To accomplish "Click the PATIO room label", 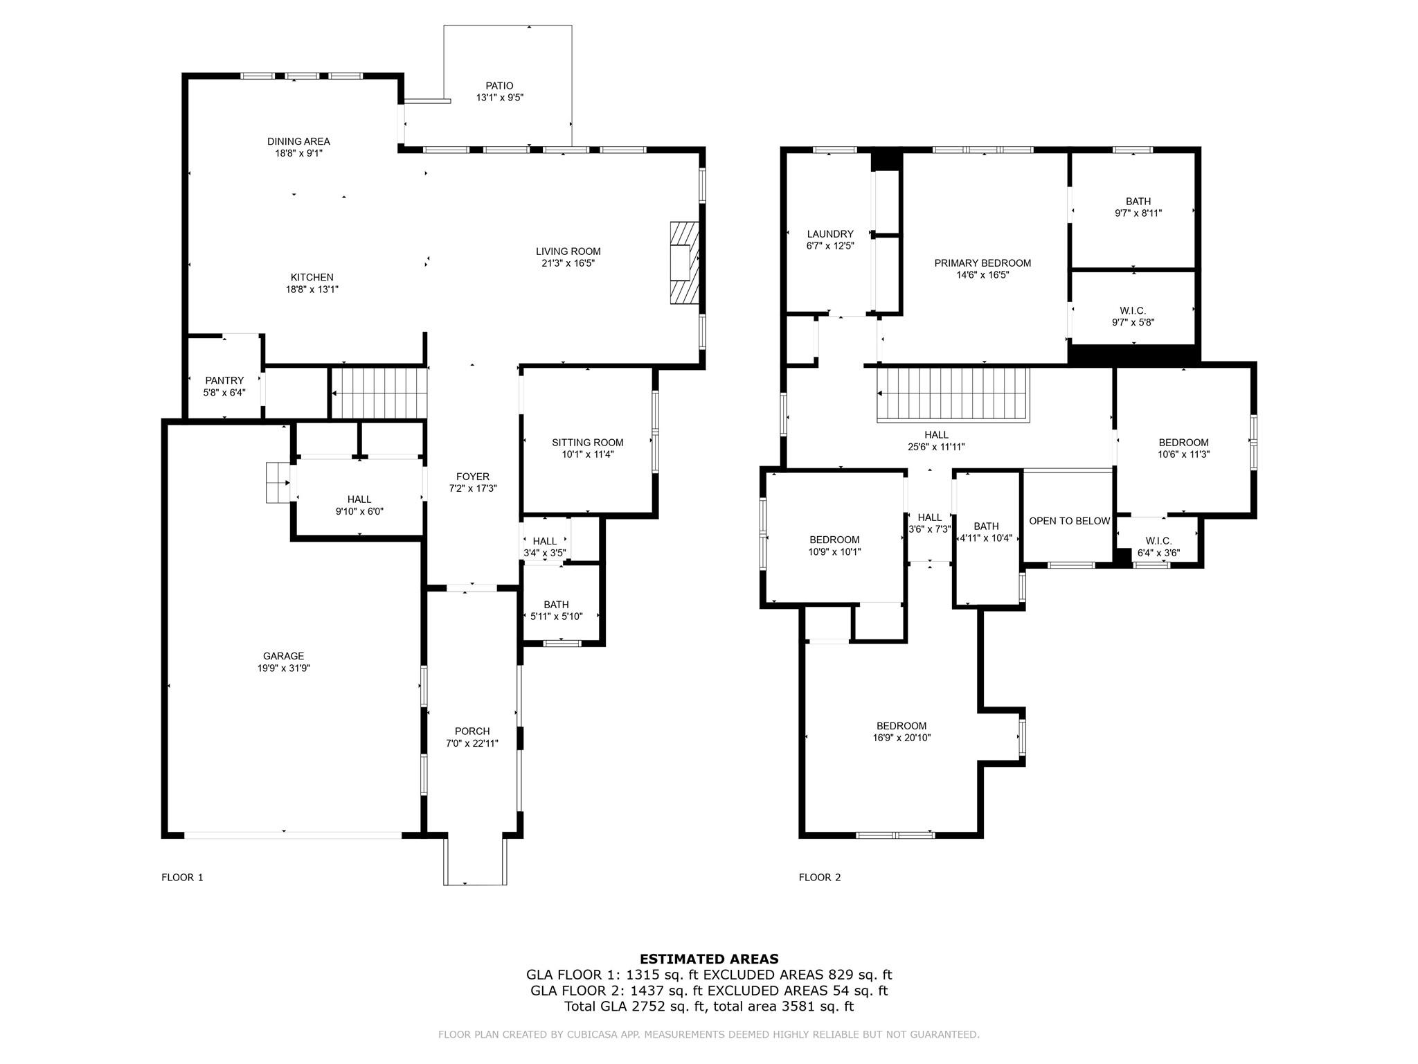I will click(499, 86).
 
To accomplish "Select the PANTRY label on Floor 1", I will click(224, 380).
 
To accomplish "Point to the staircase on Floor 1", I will click(378, 393).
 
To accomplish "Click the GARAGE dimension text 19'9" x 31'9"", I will click(283, 668).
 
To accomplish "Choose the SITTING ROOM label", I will click(587, 443).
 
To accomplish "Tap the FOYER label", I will click(473, 477).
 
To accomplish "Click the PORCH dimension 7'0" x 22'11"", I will click(472, 743).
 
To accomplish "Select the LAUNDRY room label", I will click(830, 234).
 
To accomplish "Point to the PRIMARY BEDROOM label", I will click(982, 263).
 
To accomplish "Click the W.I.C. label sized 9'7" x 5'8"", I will click(1133, 311).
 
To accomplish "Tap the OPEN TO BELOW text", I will click(1069, 521).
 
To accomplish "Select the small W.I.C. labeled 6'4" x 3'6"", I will click(1158, 541).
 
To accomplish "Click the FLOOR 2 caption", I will click(820, 877).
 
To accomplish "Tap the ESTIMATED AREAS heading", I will click(709, 959).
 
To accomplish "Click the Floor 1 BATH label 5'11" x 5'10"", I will click(556, 605).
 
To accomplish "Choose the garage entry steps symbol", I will click(278, 482).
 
